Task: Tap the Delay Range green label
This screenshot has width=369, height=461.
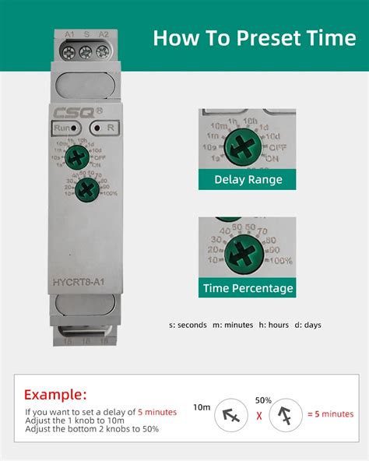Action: pos(248,180)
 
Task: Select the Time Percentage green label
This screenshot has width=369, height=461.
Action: pos(248,288)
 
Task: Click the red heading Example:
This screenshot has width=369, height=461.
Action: pos(55,394)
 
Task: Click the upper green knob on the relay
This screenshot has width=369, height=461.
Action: pos(77,158)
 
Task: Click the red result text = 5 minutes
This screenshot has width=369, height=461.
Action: pos(330,413)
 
